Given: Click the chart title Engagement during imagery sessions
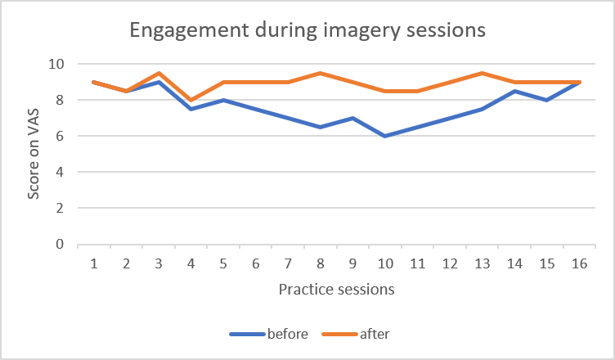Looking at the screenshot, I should (307, 32).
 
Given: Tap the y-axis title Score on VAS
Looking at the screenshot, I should (34, 155).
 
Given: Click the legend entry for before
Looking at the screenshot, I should (270, 333).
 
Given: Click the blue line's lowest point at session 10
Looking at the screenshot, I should (384, 136).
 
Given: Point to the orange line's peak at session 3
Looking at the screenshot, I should (159, 73).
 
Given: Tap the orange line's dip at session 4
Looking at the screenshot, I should (191, 100).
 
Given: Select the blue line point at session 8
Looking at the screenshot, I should (320, 127).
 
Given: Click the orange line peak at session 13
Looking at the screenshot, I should (481, 73).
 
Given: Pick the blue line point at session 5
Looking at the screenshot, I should (223, 100).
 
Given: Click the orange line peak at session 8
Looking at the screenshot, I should (320, 73).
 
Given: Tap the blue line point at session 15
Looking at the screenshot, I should (545, 100).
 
